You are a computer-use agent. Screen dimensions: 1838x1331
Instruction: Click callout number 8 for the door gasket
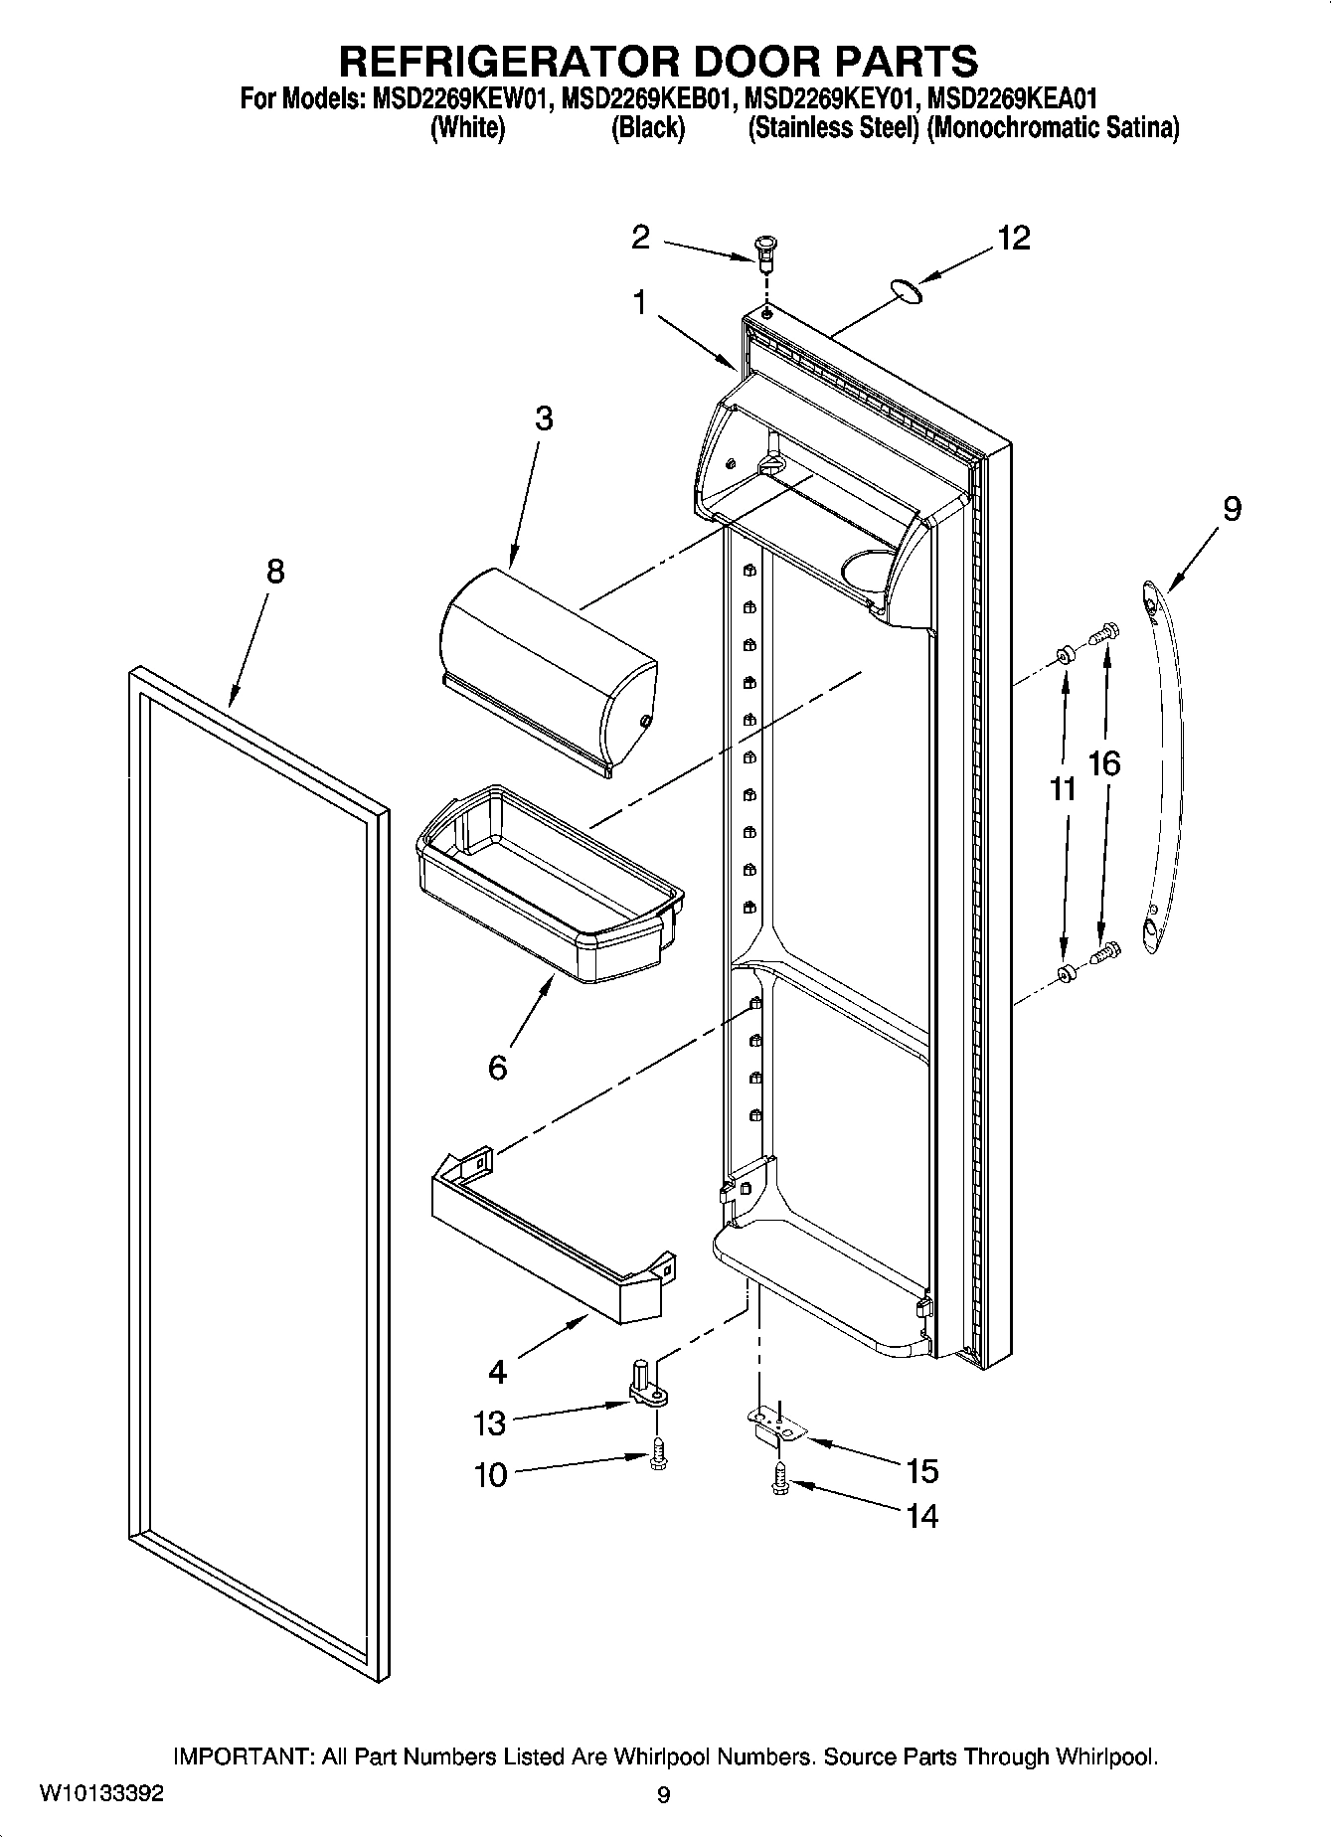point(275,572)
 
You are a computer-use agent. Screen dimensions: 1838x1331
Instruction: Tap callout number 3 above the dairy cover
point(543,418)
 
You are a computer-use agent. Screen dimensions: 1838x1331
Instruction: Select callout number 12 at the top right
point(1013,239)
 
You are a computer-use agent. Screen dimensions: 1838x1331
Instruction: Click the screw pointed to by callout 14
point(779,1485)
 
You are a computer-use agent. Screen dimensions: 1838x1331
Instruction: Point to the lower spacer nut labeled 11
point(1065,973)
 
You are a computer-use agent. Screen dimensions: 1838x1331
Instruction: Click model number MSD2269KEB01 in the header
point(647,99)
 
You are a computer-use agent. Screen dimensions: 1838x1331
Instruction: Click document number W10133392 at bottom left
point(101,1794)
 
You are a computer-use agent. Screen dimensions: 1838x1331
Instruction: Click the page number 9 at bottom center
point(664,1795)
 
